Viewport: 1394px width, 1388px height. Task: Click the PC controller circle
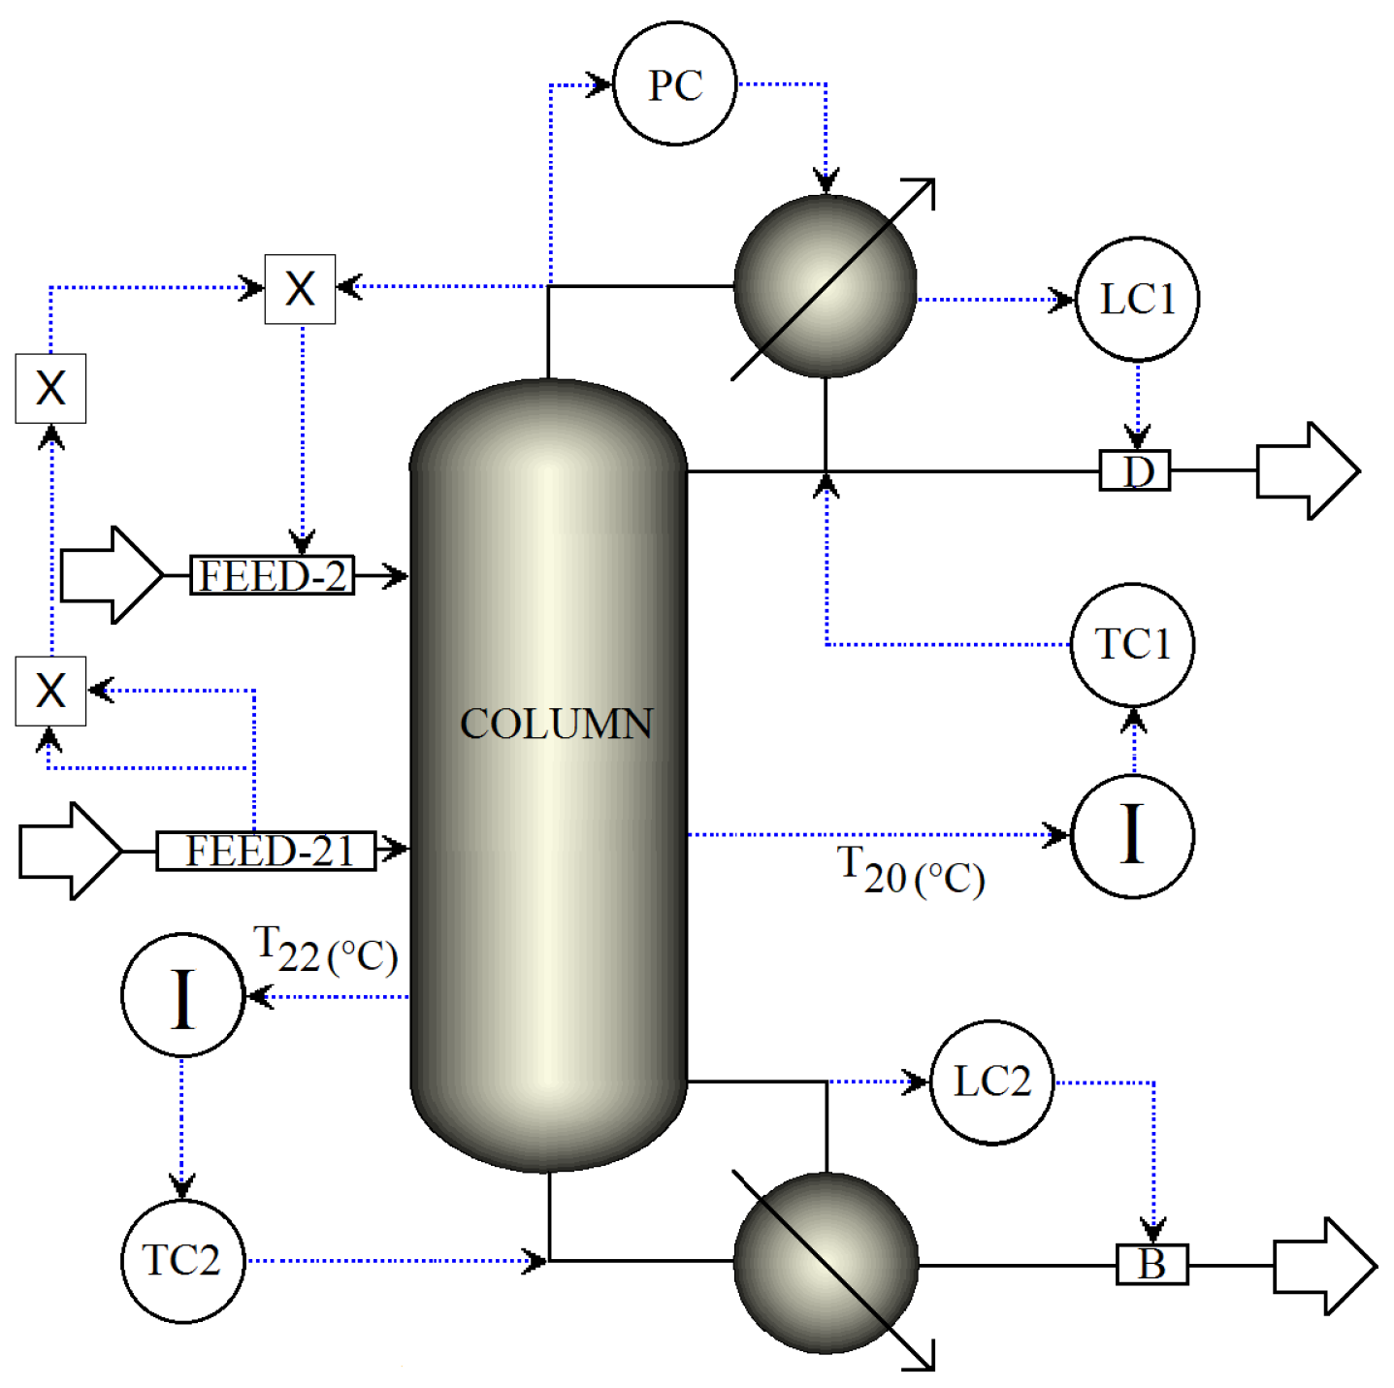(674, 84)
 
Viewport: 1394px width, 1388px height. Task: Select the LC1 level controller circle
(1137, 299)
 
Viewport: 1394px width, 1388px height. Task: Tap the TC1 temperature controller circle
(1132, 644)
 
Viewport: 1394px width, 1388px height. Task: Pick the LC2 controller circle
(991, 1081)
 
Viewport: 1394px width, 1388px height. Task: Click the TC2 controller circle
(182, 1260)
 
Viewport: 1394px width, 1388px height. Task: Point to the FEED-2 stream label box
(272, 576)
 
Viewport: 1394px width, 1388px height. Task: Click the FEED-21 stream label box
(266, 851)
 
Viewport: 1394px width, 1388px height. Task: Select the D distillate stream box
(1134, 470)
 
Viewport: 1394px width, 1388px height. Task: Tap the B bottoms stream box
(1151, 1264)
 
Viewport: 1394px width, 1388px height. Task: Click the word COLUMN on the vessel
(556, 724)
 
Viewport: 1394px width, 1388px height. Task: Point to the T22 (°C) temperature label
(325, 950)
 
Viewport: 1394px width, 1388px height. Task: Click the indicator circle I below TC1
(1132, 835)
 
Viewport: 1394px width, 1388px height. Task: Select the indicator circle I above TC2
(182, 995)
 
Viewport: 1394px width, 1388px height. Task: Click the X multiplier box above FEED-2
(300, 289)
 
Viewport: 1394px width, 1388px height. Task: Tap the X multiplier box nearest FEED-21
(50, 691)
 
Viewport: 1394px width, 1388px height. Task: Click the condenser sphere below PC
(825, 286)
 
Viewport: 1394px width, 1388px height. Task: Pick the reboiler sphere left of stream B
(825, 1262)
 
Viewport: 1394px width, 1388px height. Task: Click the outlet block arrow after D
(1306, 470)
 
